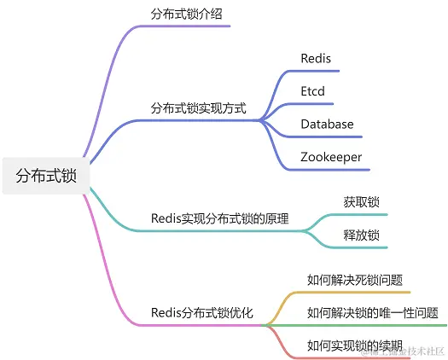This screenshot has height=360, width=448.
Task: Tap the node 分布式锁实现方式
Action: [198, 108]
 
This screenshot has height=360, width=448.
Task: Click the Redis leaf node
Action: [315, 59]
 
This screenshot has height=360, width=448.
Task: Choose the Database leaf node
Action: [327, 124]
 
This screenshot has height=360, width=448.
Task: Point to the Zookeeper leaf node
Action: [331, 157]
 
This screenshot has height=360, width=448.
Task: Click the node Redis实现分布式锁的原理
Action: [219, 218]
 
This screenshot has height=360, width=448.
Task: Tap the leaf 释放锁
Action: [361, 235]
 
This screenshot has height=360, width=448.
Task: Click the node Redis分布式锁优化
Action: [201, 313]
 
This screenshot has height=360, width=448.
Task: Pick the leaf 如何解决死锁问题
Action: [354, 279]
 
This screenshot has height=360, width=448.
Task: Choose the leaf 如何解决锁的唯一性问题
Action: [372, 312]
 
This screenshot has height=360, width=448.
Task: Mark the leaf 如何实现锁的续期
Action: [354, 345]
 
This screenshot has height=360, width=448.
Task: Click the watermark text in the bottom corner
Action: [401, 351]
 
